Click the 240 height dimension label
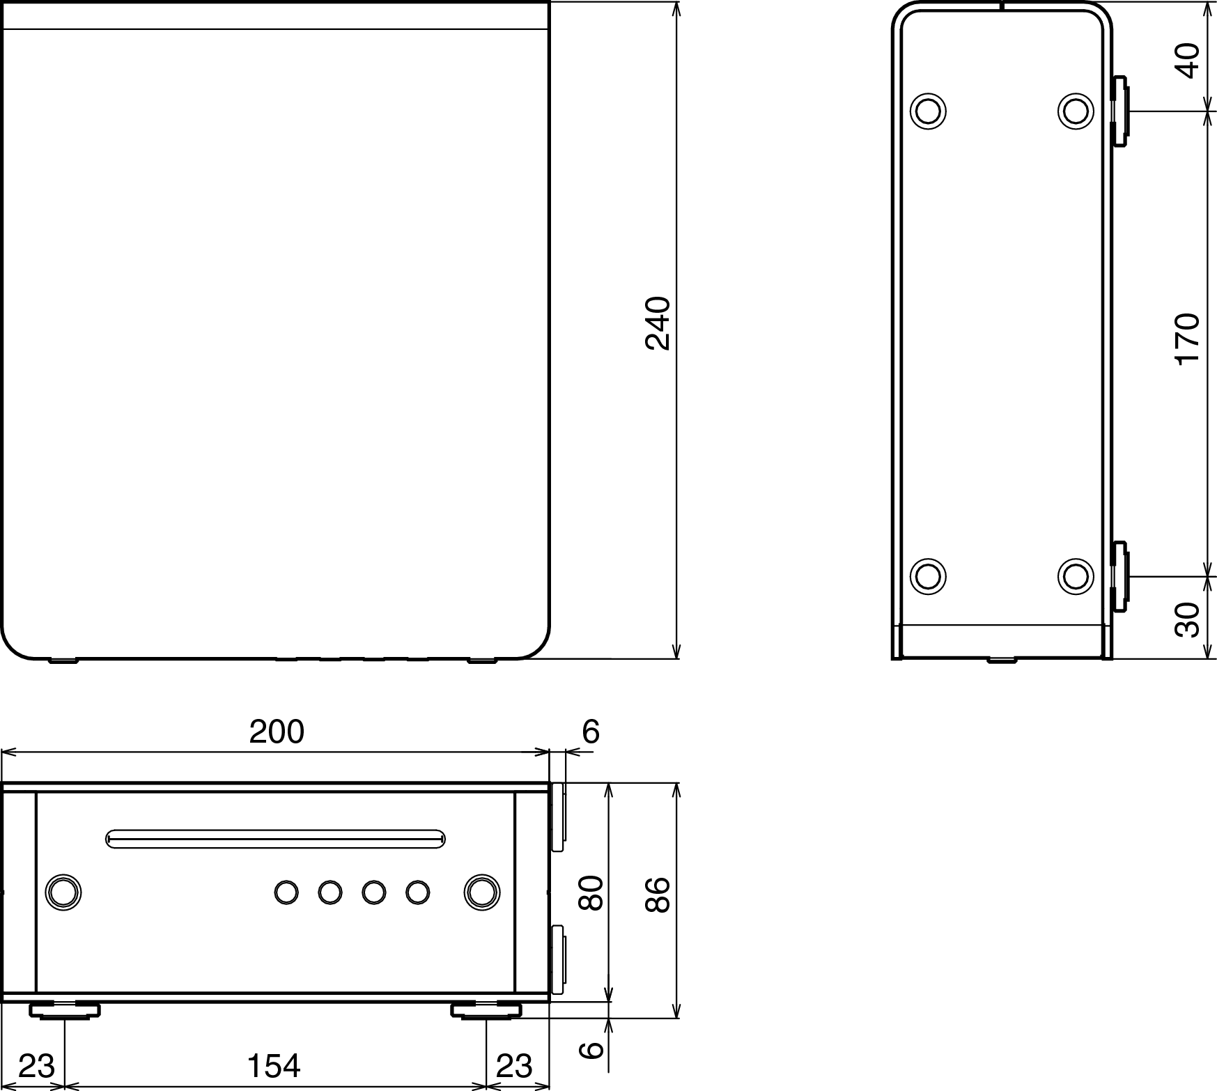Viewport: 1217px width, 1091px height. (x=658, y=323)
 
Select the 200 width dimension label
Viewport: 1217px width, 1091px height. (x=277, y=732)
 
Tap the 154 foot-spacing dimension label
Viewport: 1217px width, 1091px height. (x=274, y=1066)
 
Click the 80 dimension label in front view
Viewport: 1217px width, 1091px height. (x=591, y=894)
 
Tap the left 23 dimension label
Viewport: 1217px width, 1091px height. (x=36, y=1066)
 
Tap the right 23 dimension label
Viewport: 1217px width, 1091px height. (x=514, y=1066)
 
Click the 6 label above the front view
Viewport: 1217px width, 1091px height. (x=590, y=732)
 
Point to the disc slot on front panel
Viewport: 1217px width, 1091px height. (x=275, y=839)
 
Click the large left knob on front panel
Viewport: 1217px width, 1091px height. (x=63, y=892)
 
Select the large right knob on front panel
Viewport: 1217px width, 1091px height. (x=481, y=892)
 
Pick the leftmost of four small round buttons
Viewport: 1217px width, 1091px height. (x=286, y=892)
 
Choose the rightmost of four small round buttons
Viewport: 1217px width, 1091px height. (x=417, y=892)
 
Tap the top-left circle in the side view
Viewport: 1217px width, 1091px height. (x=928, y=111)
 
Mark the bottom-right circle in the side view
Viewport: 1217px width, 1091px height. (x=1075, y=576)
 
